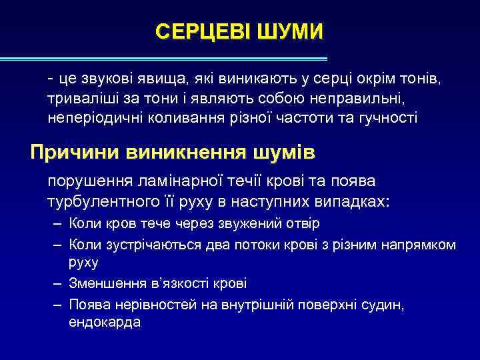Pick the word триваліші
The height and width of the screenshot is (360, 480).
(77, 99)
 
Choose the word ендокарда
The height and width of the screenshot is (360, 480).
(105, 322)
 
